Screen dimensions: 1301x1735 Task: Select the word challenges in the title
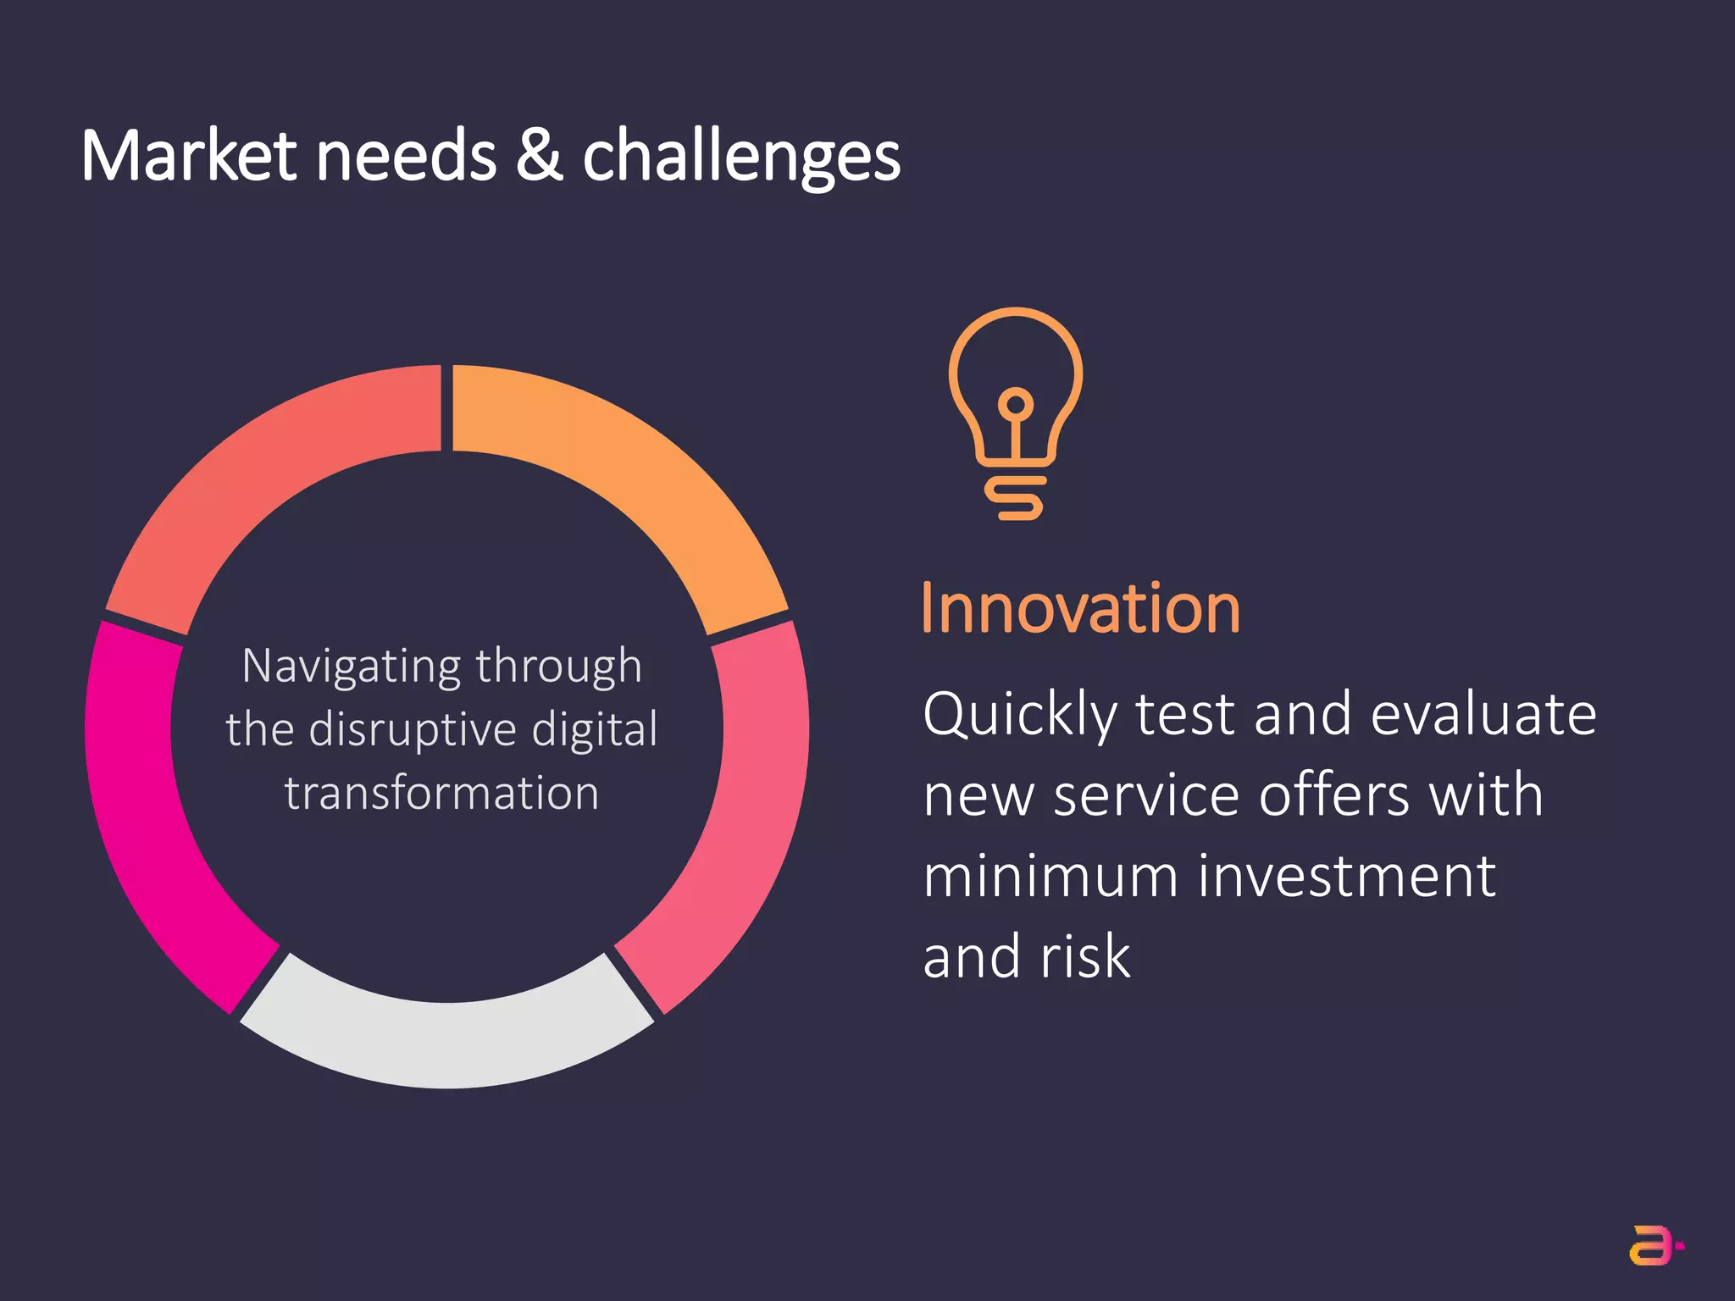point(741,158)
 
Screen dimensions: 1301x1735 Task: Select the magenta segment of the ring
point(152,813)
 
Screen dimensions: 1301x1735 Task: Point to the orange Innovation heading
point(1080,608)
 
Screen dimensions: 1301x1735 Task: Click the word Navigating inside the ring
point(351,667)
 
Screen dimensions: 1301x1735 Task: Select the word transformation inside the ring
point(441,794)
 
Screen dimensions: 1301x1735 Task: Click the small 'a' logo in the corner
point(1654,1245)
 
